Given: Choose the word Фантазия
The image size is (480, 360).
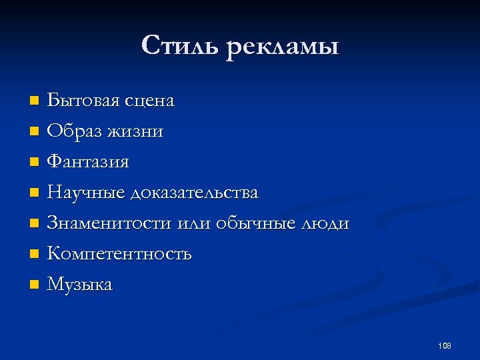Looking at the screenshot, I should (x=88, y=162).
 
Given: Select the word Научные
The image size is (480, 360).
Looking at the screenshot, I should (x=86, y=193).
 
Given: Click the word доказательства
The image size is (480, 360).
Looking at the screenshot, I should (x=195, y=193).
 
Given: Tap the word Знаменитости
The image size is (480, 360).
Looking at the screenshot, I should (x=110, y=223).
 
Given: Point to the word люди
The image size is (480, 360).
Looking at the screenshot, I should (x=326, y=223).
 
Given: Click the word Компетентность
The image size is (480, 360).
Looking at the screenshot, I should (x=119, y=254).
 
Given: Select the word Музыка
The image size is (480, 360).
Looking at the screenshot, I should (x=80, y=285).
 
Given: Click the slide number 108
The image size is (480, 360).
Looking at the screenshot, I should (x=445, y=345).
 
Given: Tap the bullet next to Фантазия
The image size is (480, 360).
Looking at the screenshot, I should (x=35, y=162).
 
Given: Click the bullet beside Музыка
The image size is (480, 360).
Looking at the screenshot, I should (x=35, y=285).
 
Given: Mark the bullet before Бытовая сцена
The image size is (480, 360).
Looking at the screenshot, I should (x=35, y=101).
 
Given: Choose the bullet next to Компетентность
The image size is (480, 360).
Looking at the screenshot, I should (x=35, y=255).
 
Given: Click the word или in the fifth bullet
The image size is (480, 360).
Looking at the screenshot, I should (x=195, y=223).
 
